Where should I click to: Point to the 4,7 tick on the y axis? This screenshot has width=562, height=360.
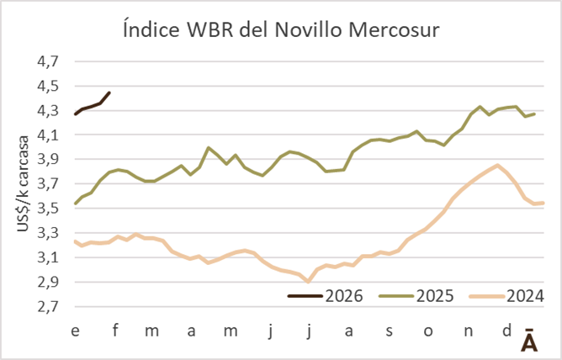point(49,61)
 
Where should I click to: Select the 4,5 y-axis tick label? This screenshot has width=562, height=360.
point(49,86)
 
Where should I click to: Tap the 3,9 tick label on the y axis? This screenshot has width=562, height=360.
point(49,159)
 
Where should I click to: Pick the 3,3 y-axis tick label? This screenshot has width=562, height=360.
point(49,233)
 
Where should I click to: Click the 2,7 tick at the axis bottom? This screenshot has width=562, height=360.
point(49,306)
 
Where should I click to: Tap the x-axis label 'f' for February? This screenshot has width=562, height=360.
point(114,331)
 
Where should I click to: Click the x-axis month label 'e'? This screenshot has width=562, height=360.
point(75,331)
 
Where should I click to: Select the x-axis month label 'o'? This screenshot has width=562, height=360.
point(427,331)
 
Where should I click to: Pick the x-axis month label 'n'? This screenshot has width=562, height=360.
point(467,331)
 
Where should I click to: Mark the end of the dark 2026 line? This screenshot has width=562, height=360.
point(109,93)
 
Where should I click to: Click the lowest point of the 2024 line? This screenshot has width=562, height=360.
point(308,282)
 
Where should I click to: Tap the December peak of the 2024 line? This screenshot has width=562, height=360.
point(498,165)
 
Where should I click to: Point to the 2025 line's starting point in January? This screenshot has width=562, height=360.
point(75,204)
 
